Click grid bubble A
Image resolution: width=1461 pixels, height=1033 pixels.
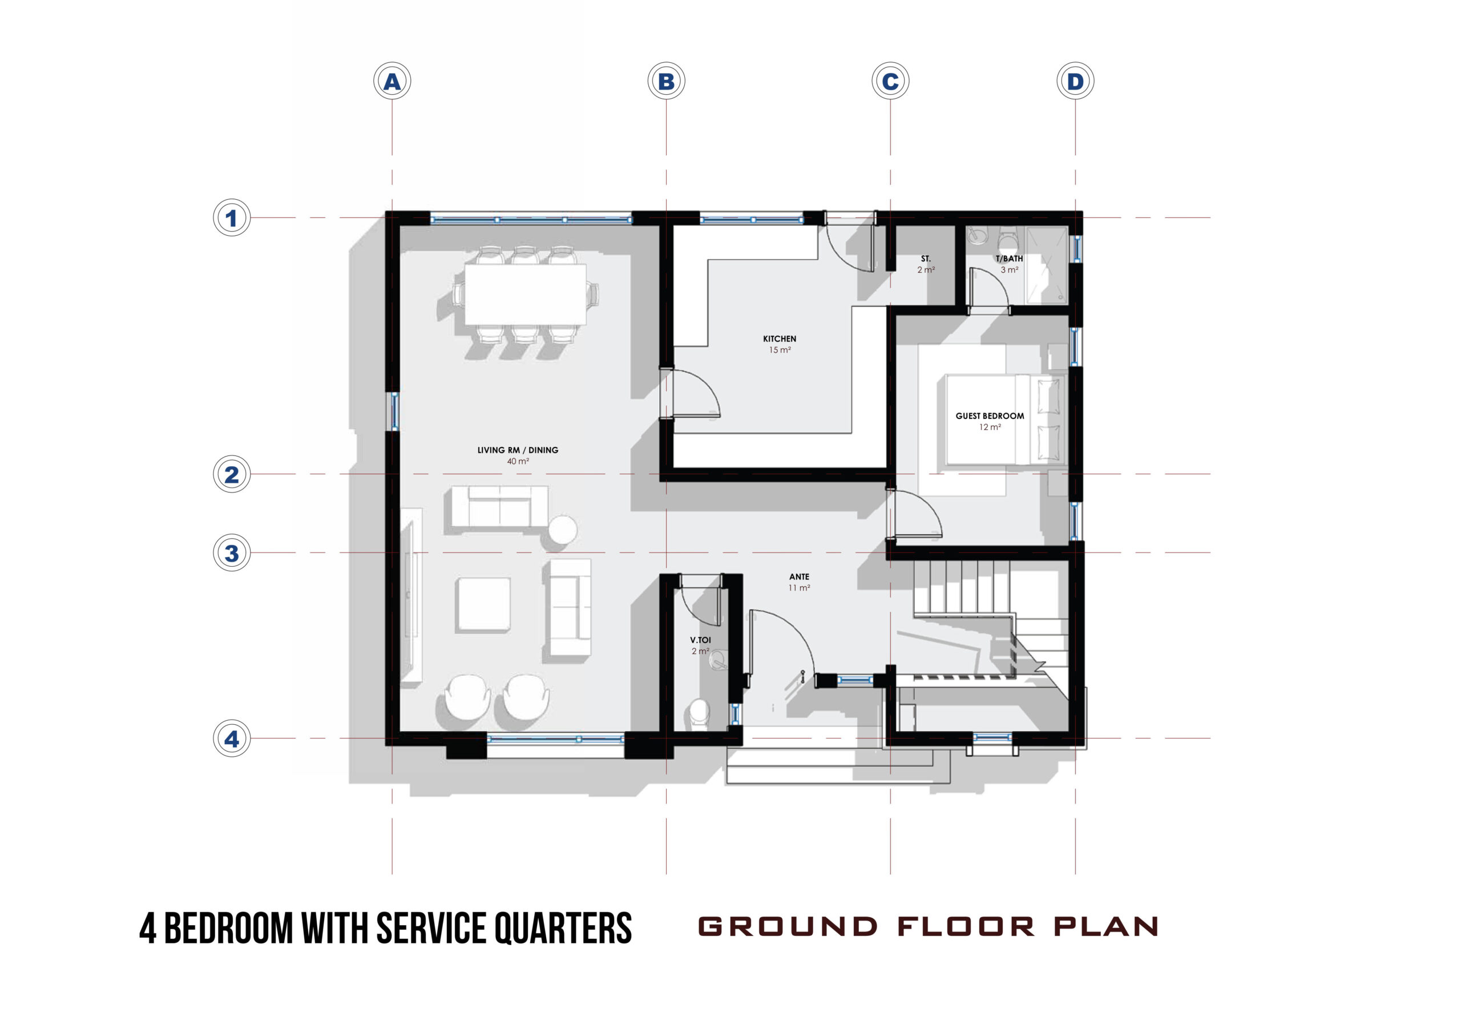(392, 82)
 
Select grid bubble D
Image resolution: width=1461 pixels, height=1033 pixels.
(1075, 82)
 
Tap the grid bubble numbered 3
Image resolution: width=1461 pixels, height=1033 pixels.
(232, 552)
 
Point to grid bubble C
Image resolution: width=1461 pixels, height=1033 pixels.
(890, 82)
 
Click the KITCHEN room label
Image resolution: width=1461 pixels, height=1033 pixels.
(780, 338)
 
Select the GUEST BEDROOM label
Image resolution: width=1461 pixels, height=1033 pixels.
(990, 415)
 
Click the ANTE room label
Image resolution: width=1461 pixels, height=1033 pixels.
(799, 576)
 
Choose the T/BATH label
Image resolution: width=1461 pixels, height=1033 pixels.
(1009, 259)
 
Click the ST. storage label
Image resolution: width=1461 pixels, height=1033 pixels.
(926, 259)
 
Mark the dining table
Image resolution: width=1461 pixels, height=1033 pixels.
(526, 294)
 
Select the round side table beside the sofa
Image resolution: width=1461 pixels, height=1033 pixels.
(563, 530)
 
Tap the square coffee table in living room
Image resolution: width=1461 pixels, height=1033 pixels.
(483, 604)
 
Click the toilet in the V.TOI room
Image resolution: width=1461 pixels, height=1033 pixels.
(699, 712)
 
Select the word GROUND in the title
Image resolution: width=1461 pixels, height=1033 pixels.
(788, 927)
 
